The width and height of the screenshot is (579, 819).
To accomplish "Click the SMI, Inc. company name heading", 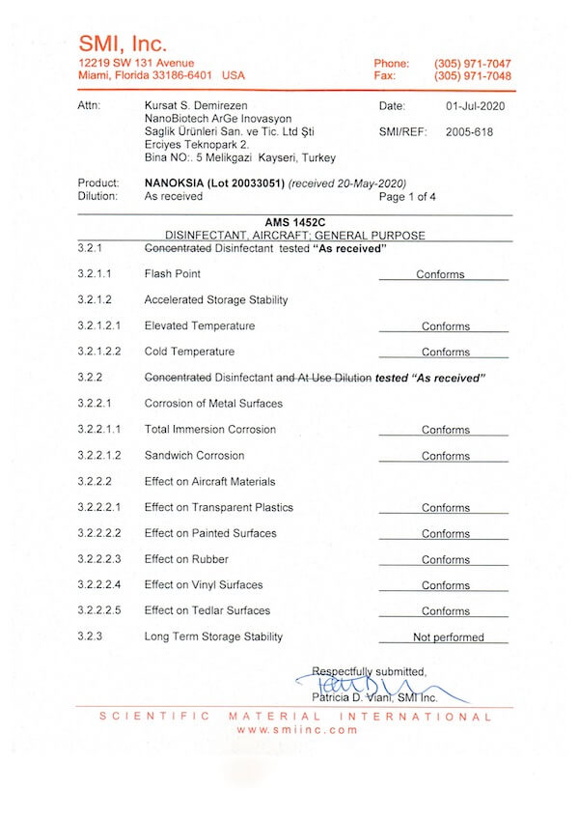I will coord(123,43).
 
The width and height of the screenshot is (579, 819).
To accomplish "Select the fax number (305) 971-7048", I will coord(473,75).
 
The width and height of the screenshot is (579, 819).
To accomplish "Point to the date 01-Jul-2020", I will coord(476,105).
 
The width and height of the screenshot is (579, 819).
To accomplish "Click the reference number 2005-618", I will coord(469,131).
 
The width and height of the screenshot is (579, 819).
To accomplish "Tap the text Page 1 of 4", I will coord(408,196).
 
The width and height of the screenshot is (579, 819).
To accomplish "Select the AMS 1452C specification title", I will coord(294,222).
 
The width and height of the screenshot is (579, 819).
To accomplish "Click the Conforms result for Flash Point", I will coord(440,275).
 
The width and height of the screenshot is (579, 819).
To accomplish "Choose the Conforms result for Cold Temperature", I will coord(445,353).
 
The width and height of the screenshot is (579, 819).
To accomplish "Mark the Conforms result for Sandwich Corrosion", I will coord(445,456).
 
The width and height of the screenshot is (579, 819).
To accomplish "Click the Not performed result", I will coord(448,637).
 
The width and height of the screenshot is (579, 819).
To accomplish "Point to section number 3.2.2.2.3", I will coord(99,559).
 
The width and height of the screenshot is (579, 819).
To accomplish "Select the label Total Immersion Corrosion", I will coord(209,430).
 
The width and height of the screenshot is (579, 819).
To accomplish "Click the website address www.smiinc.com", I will coord(296,730).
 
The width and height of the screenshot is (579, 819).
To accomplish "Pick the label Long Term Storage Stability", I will coord(213,636).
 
